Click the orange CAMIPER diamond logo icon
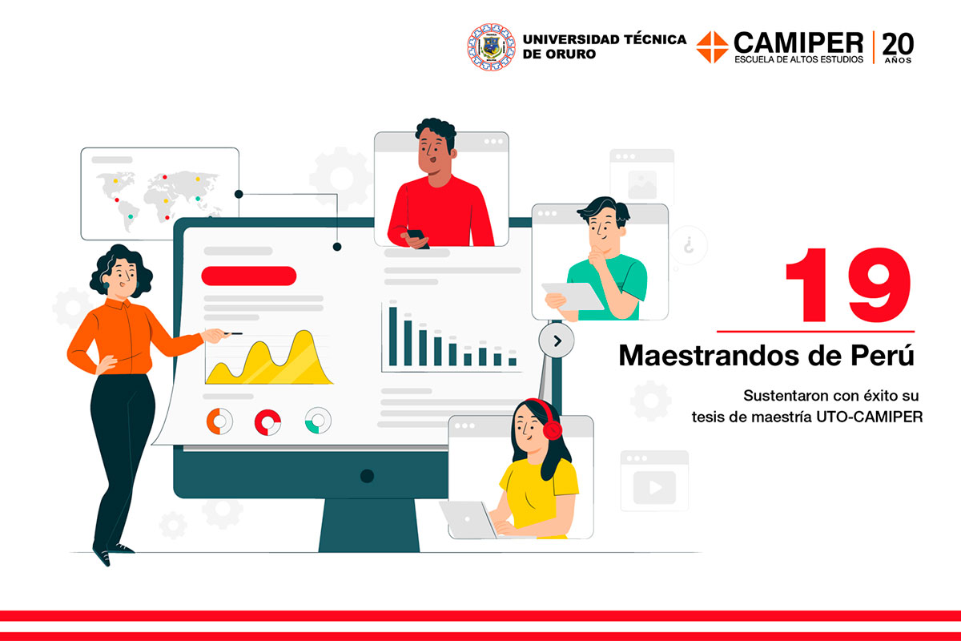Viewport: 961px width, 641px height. [x=712, y=46]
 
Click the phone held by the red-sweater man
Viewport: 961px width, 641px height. [x=416, y=236]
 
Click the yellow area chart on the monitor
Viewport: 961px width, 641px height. [x=268, y=361]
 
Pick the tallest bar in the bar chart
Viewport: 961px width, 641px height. [x=393, y=335]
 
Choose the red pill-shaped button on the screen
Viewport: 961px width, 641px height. [x=248, y=276]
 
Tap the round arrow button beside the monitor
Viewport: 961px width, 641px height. [x=557, y=341]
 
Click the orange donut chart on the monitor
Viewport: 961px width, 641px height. [x=219, y=421]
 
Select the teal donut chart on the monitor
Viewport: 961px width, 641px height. [x=318, y=421]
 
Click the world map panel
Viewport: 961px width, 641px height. [x=159, y=193]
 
